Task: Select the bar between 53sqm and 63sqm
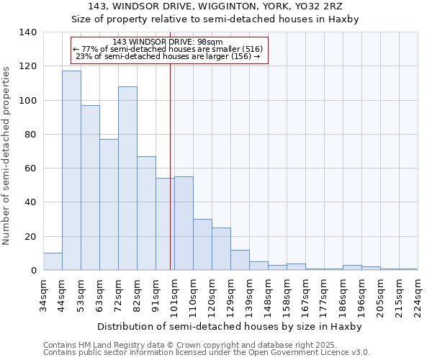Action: click(90, 188)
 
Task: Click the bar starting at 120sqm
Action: click(221, 249)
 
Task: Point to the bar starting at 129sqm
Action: click(240, 260)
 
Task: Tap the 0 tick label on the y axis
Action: click(33, 271)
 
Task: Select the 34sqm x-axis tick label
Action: click(43, 295)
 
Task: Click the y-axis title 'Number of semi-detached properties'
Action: click(7, 156)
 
